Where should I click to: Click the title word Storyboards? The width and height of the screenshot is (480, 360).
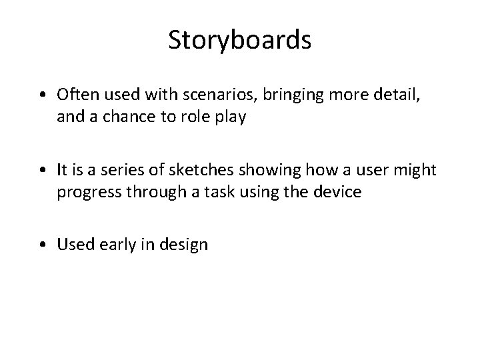tap(239, 40)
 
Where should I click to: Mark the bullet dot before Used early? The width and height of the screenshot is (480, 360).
tap(42, 245)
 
